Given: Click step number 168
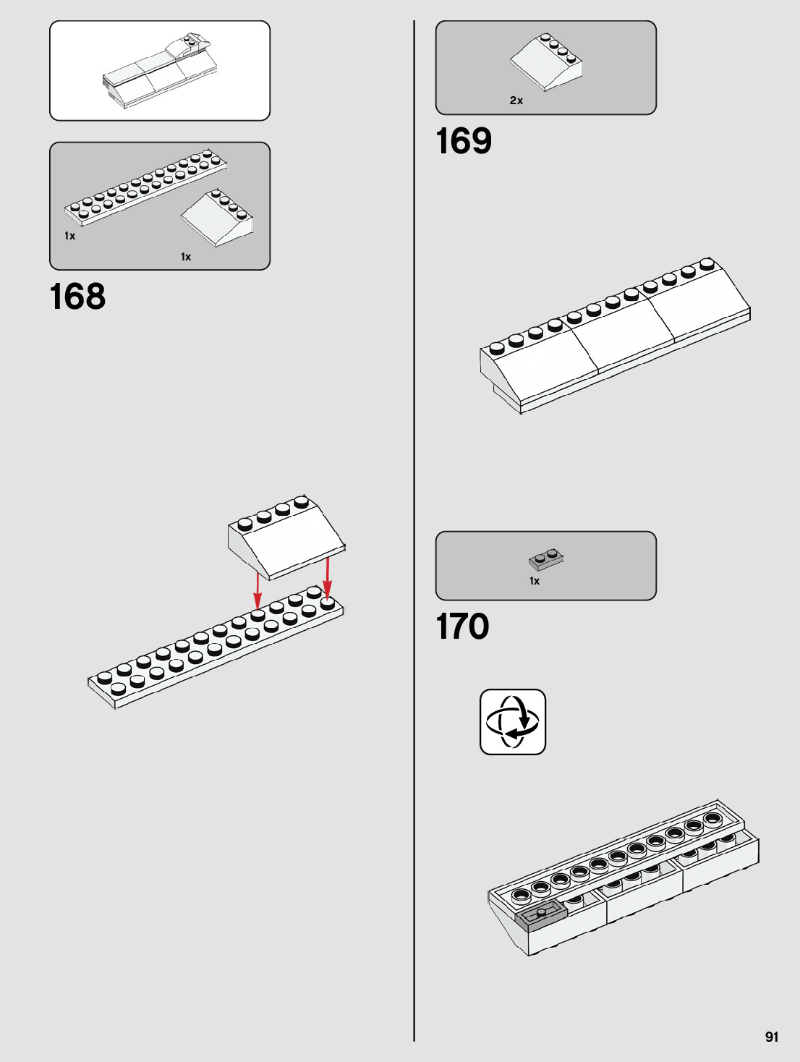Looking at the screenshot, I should tap(77, 297).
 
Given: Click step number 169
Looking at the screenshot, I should tap(464, 141).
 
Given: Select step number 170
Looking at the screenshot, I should tap(462, 626).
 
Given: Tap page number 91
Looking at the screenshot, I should tap(772, 1037).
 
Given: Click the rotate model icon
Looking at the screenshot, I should tap(513, 722).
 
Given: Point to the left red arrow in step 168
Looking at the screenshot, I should tap(258, 590).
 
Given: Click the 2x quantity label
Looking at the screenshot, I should tap(516, 101).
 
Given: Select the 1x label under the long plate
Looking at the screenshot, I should tap(69, 236).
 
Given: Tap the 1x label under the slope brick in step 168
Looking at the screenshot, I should tap(186, 257).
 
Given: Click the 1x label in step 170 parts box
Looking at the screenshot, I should tap(535, 581).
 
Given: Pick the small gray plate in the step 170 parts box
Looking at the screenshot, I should tap(546, 559).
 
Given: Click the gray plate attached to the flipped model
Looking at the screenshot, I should tap(540, 915).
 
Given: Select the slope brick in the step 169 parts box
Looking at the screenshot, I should tap(547, 63).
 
